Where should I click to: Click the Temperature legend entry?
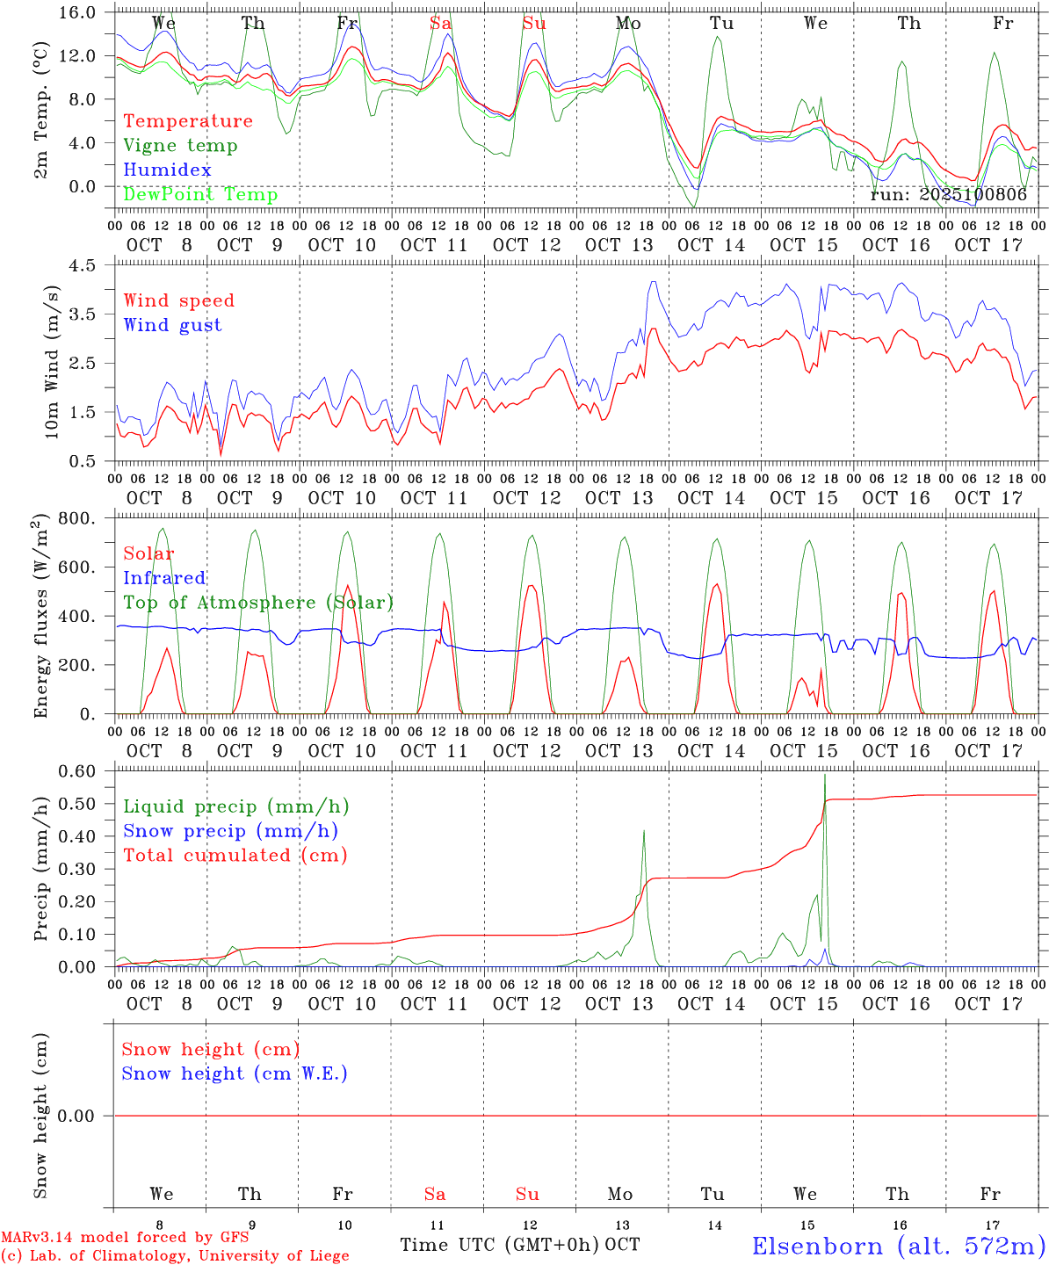click(188, 121)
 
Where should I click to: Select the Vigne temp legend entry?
click(180, 146)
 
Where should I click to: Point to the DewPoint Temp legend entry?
click(200, 194)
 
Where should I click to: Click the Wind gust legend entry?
click(173, 325)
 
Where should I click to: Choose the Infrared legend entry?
click(164, 578)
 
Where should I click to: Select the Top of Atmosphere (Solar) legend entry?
click(258, 603)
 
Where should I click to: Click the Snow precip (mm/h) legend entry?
click(231, 831)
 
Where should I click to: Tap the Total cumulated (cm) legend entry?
click(235, 856)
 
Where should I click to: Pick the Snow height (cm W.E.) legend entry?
click(235, 1073)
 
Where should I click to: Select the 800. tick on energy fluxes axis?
click(78, 519)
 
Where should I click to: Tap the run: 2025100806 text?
click(948, 195)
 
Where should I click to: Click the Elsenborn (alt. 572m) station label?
click(898, 1246)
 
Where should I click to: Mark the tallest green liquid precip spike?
click(825, 777)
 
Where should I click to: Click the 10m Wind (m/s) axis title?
click(53, 362)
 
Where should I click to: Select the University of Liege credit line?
click(175, 1256)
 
